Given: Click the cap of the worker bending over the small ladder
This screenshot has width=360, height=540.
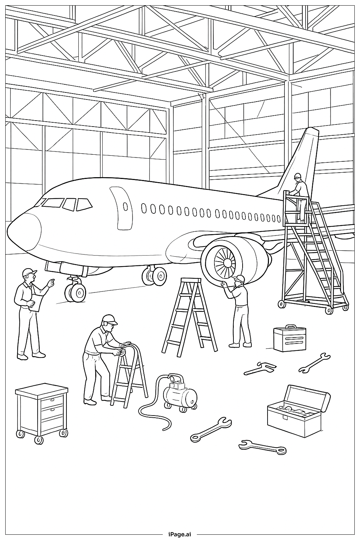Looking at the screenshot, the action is (x=110, y=319).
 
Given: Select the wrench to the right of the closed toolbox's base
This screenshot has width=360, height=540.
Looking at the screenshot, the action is (x=314, y=363).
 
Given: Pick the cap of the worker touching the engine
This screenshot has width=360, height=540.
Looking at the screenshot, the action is (x=240, y=279).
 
